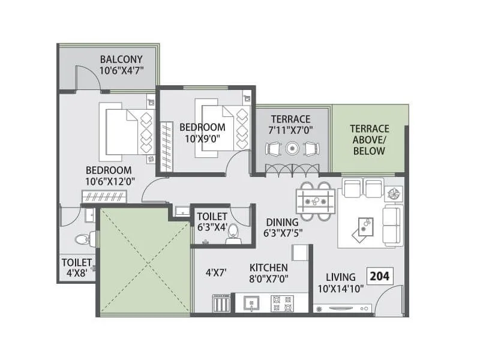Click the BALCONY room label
(x=121, y=59)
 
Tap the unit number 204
(x=379, y=277)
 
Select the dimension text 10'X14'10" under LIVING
(x=341, y=289)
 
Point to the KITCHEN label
(x=269, y=267)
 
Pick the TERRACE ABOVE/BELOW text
(x=369, y=140)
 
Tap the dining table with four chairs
(x=315, y=200)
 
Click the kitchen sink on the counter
(x=251, y=303)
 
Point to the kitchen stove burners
(x=280, y=303)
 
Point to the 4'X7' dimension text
(x=215, y=272)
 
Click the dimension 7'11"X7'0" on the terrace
(x=290, y=130)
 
